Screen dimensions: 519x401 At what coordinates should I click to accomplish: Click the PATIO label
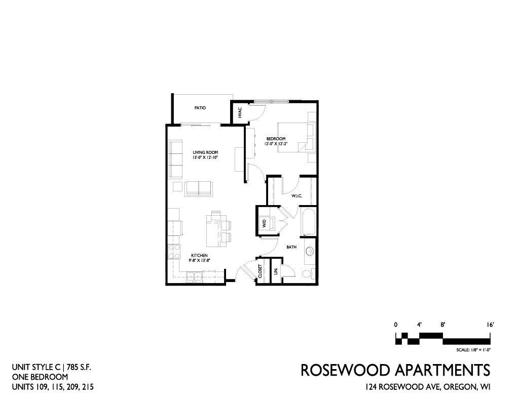pos(200,108)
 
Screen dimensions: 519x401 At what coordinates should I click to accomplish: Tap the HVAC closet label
pos(240,113)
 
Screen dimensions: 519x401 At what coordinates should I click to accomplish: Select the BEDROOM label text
pos(276,139)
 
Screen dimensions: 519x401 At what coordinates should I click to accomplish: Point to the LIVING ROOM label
pos(206,152)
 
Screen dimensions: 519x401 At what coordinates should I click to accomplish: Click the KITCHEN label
pos(199,256)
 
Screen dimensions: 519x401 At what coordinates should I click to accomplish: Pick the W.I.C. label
pos(296,196)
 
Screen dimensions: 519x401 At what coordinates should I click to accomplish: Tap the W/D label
pos(264,223)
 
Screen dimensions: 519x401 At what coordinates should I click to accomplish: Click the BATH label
pos(291,247)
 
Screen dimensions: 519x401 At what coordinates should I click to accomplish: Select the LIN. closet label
pos(276,271)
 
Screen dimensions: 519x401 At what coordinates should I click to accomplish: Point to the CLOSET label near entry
pos(260,271)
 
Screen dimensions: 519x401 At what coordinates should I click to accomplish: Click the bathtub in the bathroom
pos(309,221)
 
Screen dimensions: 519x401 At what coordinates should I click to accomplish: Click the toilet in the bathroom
pos(308,274)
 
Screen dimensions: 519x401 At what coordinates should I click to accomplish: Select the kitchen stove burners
pos(174,251)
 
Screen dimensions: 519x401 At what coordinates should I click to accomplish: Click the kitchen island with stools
pos(218,229)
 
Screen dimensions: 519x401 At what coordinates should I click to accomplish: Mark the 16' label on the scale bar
pos(490,325)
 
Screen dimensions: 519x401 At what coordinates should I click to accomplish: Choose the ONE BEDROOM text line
pos(40,377)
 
